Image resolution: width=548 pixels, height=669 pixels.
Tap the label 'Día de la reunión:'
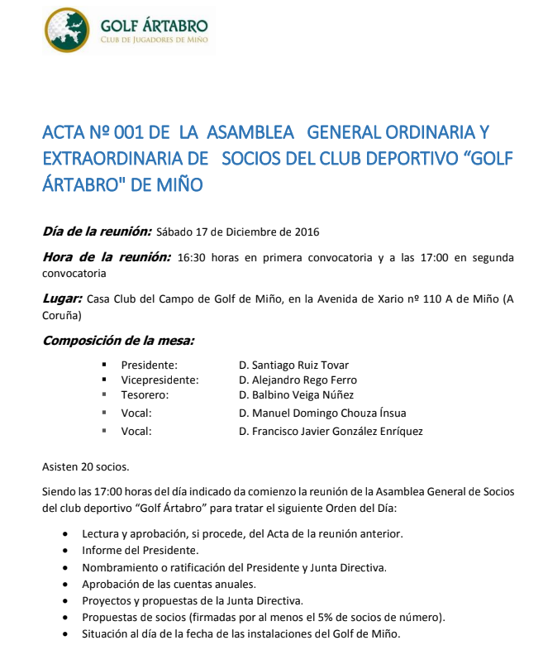coord(97,232)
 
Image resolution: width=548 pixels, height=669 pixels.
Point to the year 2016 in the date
coord(307,232)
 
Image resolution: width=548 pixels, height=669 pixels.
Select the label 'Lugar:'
coord(62,298)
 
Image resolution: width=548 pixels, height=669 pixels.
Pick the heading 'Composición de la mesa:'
coord(118,340)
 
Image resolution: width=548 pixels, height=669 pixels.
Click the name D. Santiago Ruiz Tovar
coord(293,365)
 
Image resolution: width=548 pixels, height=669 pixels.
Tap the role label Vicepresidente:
coord(160,380)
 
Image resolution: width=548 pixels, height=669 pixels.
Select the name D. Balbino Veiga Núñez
coord(296,395)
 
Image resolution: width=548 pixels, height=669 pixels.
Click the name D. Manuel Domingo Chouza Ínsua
coord(322,413)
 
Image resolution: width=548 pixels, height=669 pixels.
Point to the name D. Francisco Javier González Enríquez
coord(331,431)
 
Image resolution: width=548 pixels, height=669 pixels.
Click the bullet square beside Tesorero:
coord(105,395)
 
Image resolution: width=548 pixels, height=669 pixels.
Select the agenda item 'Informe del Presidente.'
coord(140,550)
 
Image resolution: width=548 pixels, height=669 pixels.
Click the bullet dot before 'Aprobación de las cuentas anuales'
coord(66,584)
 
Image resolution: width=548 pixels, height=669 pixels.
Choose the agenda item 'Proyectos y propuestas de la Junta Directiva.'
coord(193,600)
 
